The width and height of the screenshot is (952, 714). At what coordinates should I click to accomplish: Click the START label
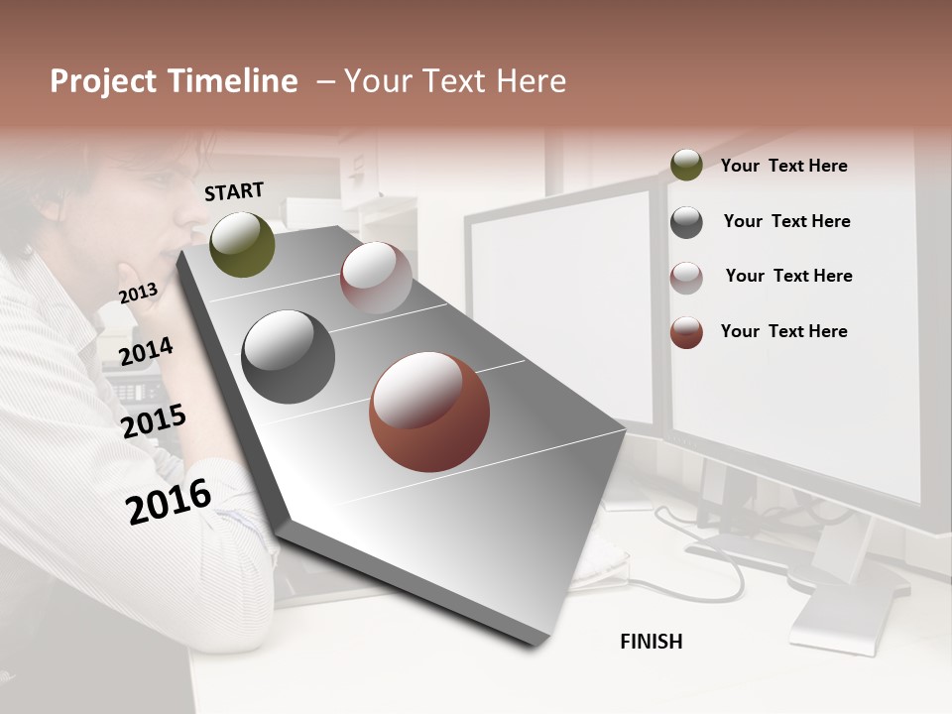coord(234,191)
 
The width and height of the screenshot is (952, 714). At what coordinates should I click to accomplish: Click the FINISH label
coord(651,642)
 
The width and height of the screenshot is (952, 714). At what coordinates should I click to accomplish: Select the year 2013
coord(138,294)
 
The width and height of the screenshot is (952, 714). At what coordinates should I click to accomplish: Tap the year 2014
coord(146,352)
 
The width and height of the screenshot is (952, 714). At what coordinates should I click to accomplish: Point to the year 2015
coord(154,421)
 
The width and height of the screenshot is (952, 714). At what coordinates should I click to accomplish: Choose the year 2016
coord(169,501)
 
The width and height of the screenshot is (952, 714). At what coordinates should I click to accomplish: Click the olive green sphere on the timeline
coord(242,245)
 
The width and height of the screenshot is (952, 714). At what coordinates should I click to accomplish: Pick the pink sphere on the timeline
coord(376,278)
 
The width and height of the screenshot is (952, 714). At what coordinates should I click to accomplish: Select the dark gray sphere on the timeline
coord(289,357)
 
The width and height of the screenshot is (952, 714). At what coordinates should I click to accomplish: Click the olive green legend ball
coord(686,165)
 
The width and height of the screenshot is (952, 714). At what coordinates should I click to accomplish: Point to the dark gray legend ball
coord(686,222)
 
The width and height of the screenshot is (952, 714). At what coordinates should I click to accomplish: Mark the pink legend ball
coord(686,278)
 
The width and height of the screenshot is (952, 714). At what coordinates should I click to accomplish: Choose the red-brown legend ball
coord(686,332)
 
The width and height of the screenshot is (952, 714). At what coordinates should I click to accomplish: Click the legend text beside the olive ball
coord(783,166)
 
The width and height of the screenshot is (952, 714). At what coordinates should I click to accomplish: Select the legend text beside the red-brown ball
coord(783,331)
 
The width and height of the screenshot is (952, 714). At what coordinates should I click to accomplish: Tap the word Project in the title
coord(102,81)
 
